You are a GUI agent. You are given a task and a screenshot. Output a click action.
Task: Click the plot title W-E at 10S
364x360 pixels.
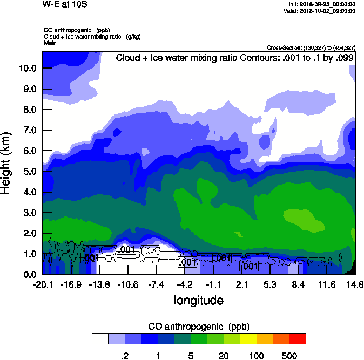(x=65, y=4)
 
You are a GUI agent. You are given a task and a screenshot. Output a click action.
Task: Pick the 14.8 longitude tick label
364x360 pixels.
(x=355, y=284)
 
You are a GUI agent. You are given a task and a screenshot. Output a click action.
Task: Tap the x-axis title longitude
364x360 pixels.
(x=198, y=300)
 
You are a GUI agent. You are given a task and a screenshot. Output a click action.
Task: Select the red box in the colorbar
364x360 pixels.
(x=297, y=338)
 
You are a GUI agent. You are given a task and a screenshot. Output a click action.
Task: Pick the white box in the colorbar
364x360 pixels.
(x=99, y=338)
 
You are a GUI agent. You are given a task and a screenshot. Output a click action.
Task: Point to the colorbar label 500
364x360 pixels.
(x=289, y=356)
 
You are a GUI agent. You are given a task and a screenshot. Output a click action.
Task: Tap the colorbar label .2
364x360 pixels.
(x=124, y=356)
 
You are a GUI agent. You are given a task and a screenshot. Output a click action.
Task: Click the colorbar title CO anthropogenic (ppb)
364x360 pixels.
(x=198, y=327)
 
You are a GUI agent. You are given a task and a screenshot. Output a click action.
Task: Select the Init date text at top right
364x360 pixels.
(x=322, y=4)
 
